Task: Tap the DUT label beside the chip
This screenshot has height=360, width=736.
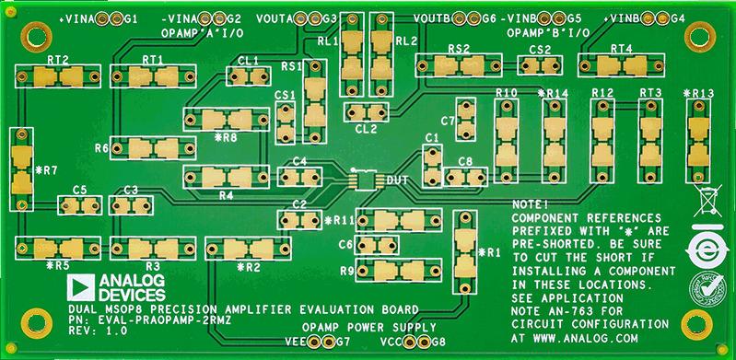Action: (x=398, y=178)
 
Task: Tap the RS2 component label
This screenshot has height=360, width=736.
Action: (x=459, y=49)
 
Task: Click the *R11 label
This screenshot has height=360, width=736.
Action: (x=340, y=220)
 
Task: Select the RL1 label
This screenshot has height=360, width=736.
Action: (x=327, y=41)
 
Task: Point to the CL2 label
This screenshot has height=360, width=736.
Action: (x=365, y=129)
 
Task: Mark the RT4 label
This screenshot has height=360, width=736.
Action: (x=622, y=49)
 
